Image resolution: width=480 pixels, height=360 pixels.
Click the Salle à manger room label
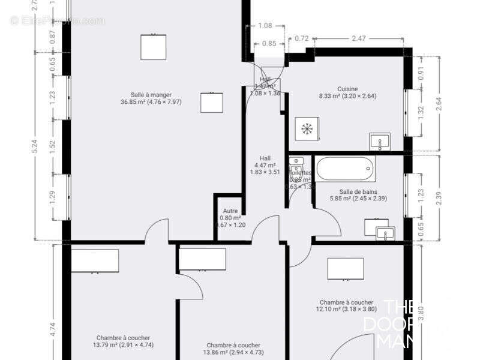151,98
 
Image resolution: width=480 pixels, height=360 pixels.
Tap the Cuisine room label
347,92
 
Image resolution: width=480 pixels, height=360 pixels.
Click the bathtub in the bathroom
345,169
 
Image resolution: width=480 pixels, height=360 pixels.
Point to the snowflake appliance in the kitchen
307,128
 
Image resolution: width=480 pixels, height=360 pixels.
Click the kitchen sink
379,142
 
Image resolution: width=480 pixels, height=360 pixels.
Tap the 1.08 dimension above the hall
265,26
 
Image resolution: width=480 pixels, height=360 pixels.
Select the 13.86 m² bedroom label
233,349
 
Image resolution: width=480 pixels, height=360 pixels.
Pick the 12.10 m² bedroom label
346,306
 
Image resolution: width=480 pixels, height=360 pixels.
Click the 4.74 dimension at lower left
53,329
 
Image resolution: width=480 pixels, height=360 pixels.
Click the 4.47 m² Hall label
265,165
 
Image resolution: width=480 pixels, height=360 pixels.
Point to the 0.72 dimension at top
302,39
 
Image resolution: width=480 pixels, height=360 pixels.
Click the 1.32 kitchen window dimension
420,113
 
